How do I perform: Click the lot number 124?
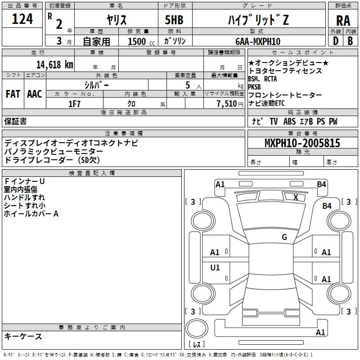coord(22,19)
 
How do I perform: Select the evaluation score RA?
coord(343,21)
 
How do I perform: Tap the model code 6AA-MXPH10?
coord(258,41)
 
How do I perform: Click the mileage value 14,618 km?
coord(55,64)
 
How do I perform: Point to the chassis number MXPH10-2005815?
coord(302,143)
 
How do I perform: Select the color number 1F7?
coord(74,104)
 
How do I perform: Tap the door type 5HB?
coord(174,20)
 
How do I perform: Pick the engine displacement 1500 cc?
coord(141,41)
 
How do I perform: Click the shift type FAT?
coord(13,94)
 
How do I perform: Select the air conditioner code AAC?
coord(35,94)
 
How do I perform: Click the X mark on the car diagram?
coord(296,197)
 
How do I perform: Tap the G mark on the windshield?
coord(284,237)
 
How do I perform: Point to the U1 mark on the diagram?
coord(215,267)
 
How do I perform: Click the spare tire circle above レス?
coord(197,328)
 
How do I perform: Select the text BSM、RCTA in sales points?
coord(262,79)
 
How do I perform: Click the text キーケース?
coord(23,336)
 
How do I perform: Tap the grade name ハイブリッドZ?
coord(258,20)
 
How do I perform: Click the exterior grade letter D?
coord(336,41)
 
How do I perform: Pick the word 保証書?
coord(15,121)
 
